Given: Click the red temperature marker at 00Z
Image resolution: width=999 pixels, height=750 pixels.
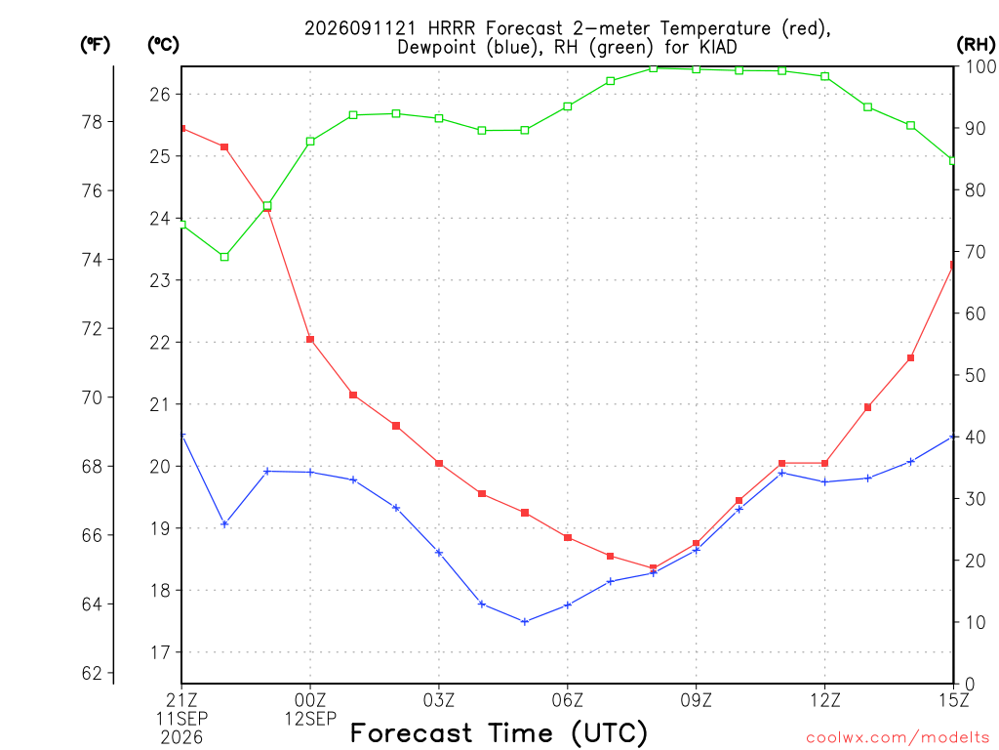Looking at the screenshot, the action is [310, 339].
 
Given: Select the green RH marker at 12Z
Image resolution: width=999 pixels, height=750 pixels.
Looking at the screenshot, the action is [825, 76].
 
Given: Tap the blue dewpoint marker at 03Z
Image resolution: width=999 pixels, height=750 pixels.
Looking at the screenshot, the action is [439, 553].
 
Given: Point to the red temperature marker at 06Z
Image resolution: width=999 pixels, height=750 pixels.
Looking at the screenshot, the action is [568, 538].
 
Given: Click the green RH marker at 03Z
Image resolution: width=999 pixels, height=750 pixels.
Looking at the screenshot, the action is [439, 118].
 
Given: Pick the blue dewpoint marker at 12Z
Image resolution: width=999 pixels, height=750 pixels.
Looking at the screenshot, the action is [825, 482].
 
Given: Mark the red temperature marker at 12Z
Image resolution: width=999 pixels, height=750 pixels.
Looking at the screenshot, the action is [825, 463].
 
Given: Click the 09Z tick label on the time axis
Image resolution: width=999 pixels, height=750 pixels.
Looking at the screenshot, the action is [696, 700].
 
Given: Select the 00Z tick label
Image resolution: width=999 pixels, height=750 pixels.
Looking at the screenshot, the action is [310, 700].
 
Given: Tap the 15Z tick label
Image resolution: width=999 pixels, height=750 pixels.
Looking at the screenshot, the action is [953, 700].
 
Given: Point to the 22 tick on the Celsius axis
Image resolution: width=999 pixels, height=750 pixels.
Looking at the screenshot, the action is [160, 343].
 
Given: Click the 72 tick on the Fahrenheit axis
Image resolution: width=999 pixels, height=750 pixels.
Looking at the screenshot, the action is [92, 328].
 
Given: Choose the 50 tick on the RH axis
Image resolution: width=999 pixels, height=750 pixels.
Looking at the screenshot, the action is [976, 375].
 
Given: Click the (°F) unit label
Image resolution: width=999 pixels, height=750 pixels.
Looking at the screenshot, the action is [95, 45].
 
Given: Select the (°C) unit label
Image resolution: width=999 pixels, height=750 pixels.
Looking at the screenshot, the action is [163, 45].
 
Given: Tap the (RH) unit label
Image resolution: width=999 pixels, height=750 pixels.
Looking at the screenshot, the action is [976, 45].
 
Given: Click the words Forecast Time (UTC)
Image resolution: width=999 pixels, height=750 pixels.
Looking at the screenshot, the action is [499, 732].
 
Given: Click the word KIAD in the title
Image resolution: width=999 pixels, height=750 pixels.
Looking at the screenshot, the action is [718, 47].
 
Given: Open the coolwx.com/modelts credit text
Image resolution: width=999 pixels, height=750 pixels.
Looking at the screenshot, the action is [898, 737].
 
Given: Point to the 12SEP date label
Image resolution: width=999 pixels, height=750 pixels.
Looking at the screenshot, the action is [310, 719].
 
